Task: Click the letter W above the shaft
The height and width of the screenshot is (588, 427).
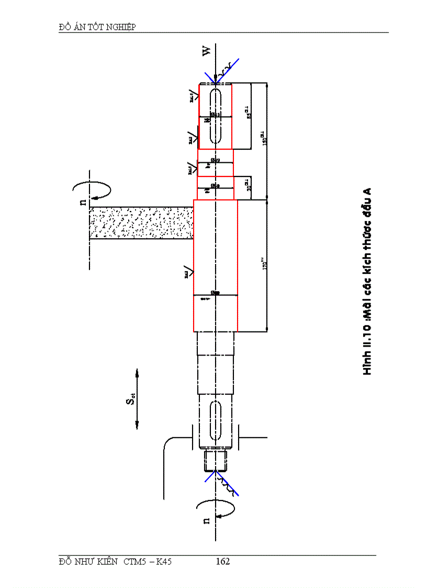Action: point(207,51)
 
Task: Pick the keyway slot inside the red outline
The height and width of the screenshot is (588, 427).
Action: point(215,116)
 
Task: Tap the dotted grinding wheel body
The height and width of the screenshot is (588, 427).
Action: point(141,223)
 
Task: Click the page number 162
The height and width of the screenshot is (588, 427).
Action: point(223,561)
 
